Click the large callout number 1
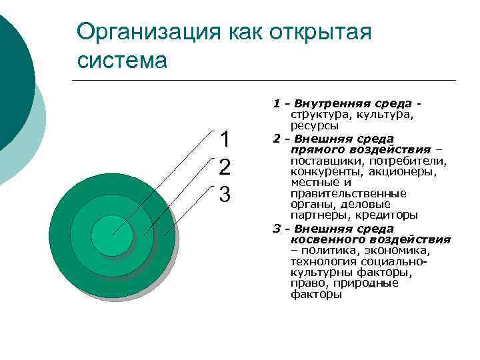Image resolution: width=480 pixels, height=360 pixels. pos(225,139)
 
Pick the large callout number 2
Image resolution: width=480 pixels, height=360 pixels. pos(225,167)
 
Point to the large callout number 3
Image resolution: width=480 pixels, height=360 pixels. pos(225,194)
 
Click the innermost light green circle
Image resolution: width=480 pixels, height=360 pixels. pos(112,234)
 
